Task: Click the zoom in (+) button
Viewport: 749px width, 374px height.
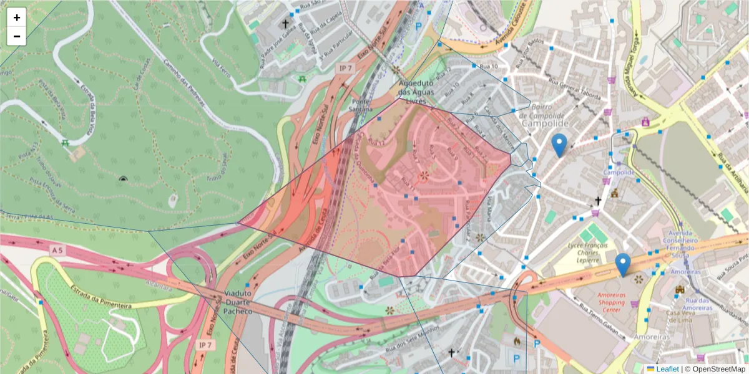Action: click(17, 17)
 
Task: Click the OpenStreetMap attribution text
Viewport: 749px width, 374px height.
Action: click(715, 368)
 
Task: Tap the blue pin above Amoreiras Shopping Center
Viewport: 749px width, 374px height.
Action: click(622, 265)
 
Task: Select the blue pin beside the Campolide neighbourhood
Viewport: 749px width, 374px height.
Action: click(560, 145)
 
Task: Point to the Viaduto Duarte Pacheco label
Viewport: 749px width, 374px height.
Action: click(238, 302)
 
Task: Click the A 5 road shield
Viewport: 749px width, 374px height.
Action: click(57, 250)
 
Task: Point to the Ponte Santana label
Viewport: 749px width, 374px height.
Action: click(362, 105)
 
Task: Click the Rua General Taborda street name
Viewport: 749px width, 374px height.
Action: click(574, 89)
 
